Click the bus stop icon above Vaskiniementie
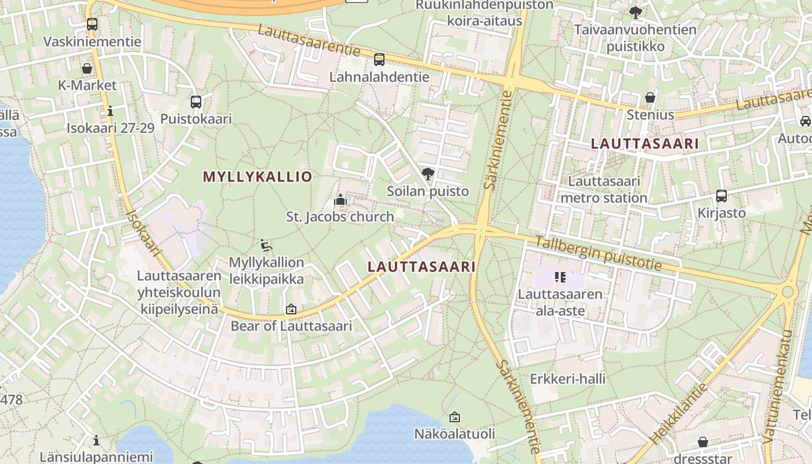pyautogui.click(x=92, y=24)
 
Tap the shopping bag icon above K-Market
pyautogui.click(x=87, y=68)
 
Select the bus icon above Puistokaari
pyautogui.click(x=196, y=102)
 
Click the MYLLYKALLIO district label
pyautogui.click(x=258, y=177)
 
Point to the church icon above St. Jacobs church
pyautogui.click(x=340, y=200)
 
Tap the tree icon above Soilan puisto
pyautogui.click(x=428, y=173)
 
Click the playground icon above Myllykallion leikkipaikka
pyautogui.click(x=266, y=245)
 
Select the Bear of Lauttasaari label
pyautogui.click(x=291, y=325)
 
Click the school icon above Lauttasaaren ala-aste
pyautogui.click(x=560, y=277)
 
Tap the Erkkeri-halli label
pyautogui.click(x=567, y=379)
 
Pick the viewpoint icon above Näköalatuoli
pyautogui.click(x=455, y=416)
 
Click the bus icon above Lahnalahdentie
pyautogui.click(x=379, y=59)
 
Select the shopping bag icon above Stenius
pyautogui.click(x=650, y=97)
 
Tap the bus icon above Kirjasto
pyautogui.click(x=722, y=196)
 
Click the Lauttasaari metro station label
pyautogui.click(x=604, y=190)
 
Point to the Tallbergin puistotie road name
pyautogui.click(x=598, y=253)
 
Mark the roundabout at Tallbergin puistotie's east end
pyautogui.click(x=787, y=292)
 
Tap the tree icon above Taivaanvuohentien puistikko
pyautogui.click(x=636, y=12)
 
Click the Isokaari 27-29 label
pyautogui.click(x=111, y=128)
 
